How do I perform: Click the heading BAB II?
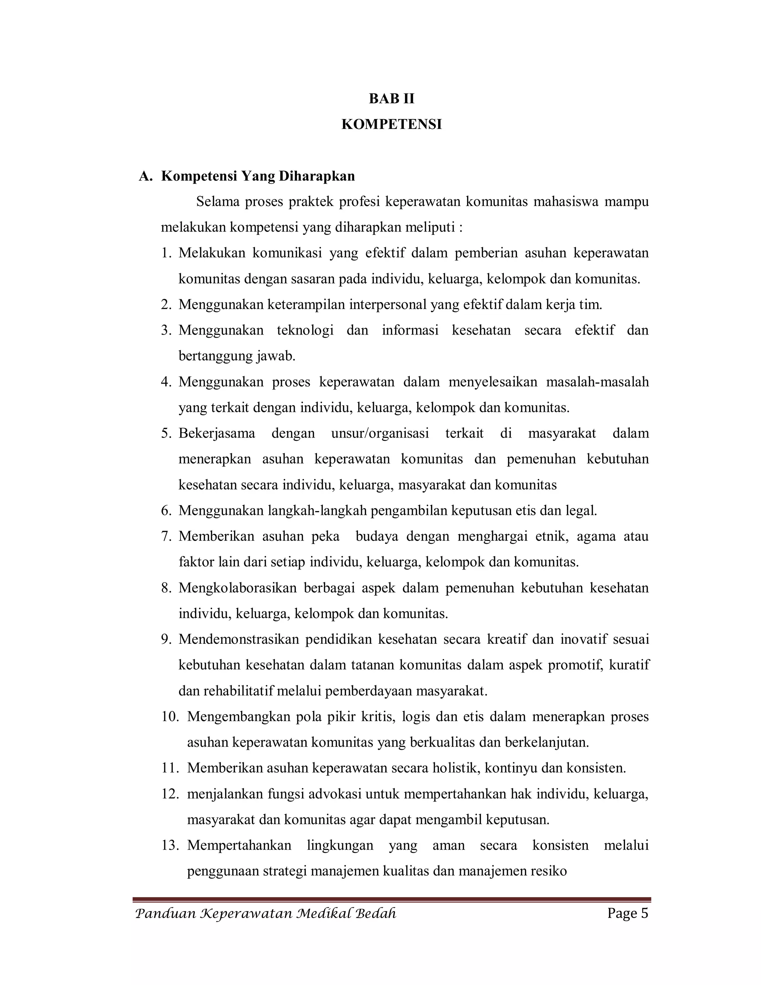click(x=391, y=99)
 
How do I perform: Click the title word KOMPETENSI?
click(x=391, y=125)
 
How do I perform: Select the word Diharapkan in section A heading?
click(x=317, y=176)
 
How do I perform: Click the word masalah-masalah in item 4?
click(x=598, y=382)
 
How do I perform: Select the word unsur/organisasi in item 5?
click(x=380, y=433)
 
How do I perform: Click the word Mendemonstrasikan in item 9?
click(x=239, y=640)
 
